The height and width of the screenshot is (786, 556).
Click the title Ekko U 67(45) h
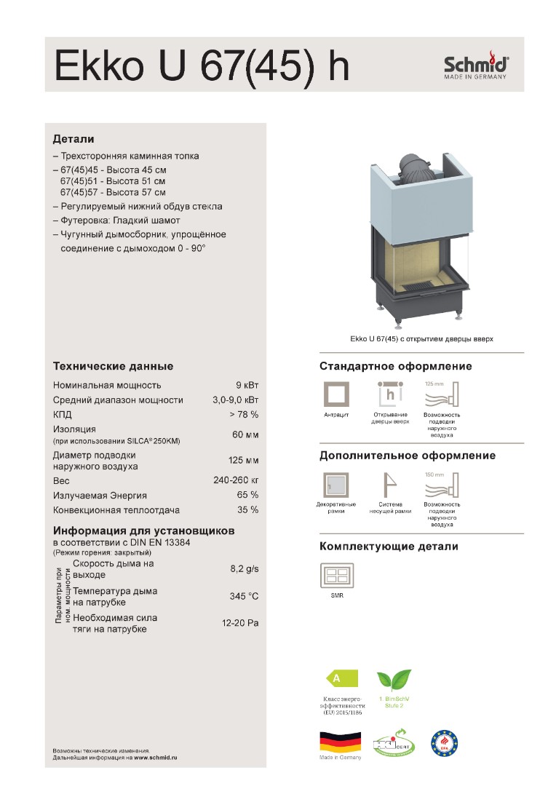click(202, 66)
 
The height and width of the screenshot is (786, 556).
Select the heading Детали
click(74, 138)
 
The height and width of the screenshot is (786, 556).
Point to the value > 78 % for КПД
click(243, 414)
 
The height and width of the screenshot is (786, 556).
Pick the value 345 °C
click(244, 597)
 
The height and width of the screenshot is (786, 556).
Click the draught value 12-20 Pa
click(240, 624)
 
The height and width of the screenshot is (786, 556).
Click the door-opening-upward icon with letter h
click(390, 394)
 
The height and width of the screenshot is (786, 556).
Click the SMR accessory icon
click(336, 576)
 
